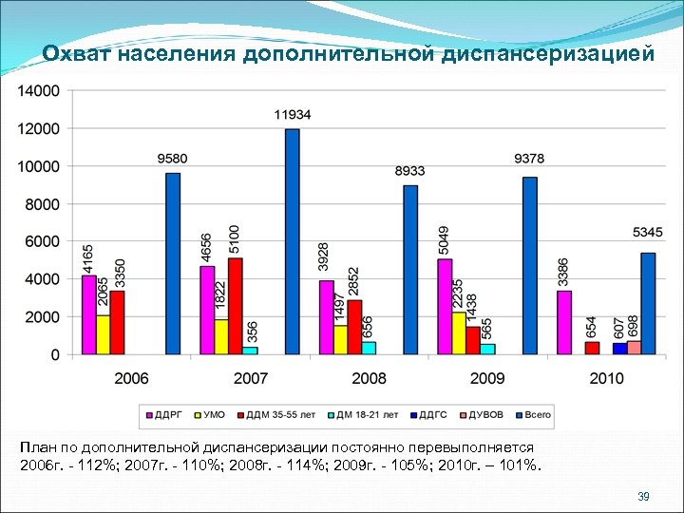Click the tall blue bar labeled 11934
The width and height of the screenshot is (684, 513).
[292, 241]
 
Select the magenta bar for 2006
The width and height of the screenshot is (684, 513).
[88, 314]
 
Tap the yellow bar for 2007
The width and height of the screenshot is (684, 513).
[221, 336]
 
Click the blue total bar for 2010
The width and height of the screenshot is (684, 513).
[648, 303]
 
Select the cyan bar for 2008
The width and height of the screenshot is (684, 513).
[369, 348]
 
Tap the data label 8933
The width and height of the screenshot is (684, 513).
[410, 171]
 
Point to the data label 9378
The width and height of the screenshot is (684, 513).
[529, 159]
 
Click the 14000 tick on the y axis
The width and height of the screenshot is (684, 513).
[38, 90]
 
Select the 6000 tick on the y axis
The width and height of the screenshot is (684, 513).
[42, 241]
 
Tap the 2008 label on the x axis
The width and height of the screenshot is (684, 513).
[369, 378]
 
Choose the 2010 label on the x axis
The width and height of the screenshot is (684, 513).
[606, 378]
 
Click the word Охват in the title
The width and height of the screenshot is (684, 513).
[77, 53]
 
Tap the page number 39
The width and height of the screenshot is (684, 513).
[642, 497]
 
